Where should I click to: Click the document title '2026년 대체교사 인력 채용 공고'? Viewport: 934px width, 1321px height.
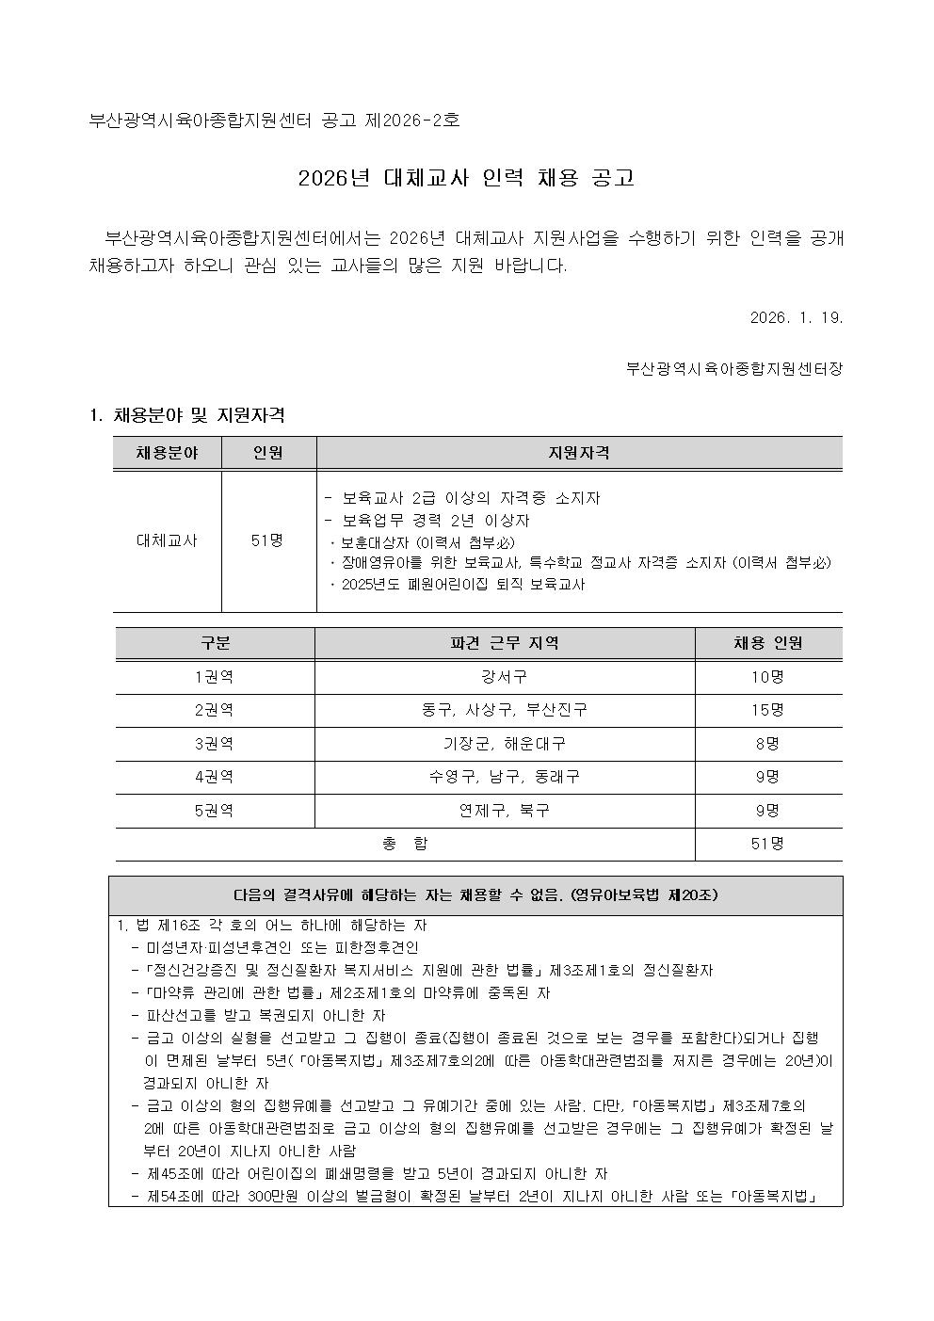pyautogui.click(x=466, y=178)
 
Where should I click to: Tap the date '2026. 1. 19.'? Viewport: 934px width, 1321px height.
pyautogui.click(x=796, y=317)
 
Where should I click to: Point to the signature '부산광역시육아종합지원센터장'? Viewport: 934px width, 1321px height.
pyautogui.click(x=734, y=368)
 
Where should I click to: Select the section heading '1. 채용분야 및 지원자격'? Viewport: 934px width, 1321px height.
pyautogui.click(x=186, y=415)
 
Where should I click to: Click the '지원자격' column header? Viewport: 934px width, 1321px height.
pyautogui.click(x=579, y=453)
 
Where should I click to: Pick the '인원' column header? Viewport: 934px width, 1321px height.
pyautogui.click(x=268, y=453)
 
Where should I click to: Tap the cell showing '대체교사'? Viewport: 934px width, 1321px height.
pyautogui.click(x=167, y=540)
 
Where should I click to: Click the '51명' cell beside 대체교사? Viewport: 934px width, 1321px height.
pyautogui.click(x=268, y=540)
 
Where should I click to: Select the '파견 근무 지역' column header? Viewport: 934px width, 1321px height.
pyautogui.click(x=505, y=643)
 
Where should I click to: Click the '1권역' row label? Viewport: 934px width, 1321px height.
pyautogui.click(x=215, y=677)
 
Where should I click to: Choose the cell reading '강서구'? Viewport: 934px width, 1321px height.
pyautogui.click(x=505, y=677)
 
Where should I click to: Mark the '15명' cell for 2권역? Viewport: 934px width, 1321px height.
pyautogui.click(x=767, y=710)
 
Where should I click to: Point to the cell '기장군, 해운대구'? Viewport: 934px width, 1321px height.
pyautogui.click(x=505, y=744)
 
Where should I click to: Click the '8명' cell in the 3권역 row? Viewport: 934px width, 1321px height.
pyautogui.click(x=767, y=744)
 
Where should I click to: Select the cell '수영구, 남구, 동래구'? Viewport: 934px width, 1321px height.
pyautogui.click(x=505, y=777)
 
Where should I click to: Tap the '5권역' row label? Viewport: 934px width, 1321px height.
pyautogui.click(x=215, y=810)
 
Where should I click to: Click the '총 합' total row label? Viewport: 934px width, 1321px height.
pyautogui.click(x=405, y=844)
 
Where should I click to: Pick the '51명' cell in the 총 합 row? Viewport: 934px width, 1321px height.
pyautogui.click(x=767, y=844)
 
